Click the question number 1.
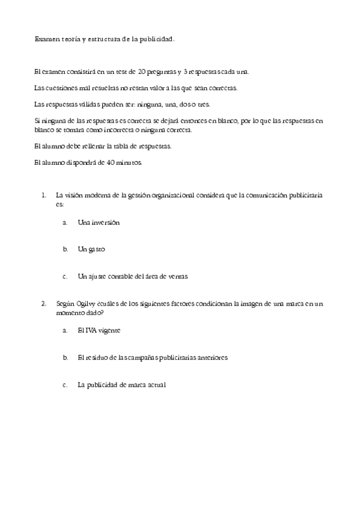coord(43,195)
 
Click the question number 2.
coord(43,304)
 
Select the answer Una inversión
coord(99,223)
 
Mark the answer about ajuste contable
coord(133,277)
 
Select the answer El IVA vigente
coord(99,330)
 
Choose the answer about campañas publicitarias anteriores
coord(152,357)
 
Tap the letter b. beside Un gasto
coord(66,249)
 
